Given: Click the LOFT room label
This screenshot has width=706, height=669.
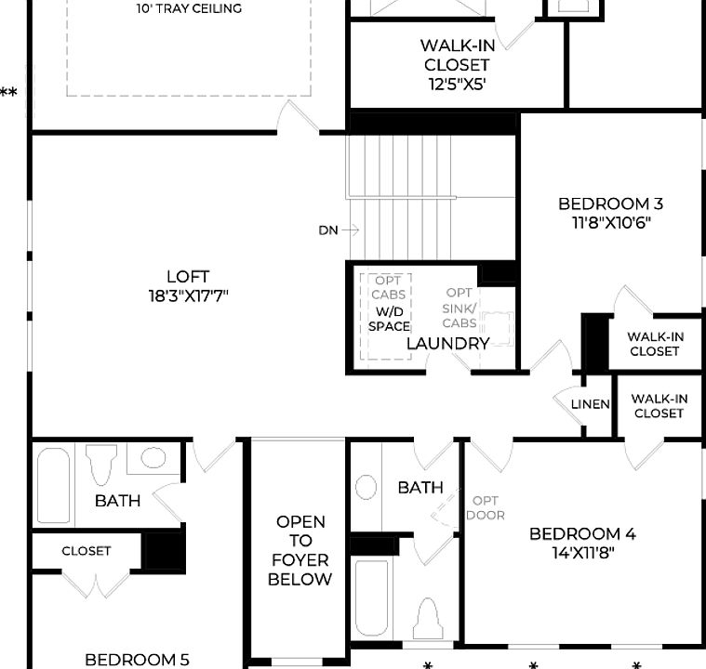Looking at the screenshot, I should tap(187, 277).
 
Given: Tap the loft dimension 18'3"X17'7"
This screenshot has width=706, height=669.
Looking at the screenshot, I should tap(187, 295).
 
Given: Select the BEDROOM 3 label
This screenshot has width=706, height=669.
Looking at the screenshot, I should tap(610, 203).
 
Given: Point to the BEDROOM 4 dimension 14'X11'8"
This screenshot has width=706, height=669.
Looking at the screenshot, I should tap(582, 553).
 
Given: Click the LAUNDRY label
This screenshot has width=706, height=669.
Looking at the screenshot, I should tap(448, 344).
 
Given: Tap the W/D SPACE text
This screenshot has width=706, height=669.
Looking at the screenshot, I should tap(389, 319).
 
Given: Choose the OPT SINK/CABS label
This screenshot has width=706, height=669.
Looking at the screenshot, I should tap(460, 308).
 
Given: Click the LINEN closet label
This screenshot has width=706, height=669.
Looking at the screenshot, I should tap(590, 404).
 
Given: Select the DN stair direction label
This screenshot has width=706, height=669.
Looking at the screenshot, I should tap(328, 230).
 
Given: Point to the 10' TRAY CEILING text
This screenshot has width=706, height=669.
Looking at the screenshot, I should tap(190, 8).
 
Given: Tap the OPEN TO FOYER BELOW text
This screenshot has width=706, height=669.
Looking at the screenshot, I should tap(300, 550).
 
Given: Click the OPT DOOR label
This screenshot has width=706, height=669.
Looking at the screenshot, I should tap(485, 507).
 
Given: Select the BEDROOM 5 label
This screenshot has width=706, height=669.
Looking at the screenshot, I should tap(137, 659).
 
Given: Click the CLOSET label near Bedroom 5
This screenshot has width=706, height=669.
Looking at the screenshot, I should tap(87, 551).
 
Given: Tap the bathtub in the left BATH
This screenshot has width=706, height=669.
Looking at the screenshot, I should tap(53, 487).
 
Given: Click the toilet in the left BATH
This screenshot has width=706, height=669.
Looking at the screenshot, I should tap(100, 464).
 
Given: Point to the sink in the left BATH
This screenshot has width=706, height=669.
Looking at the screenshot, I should tap(152, 457).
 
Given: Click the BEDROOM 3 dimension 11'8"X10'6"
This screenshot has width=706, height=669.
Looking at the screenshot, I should tap(610, 223).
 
